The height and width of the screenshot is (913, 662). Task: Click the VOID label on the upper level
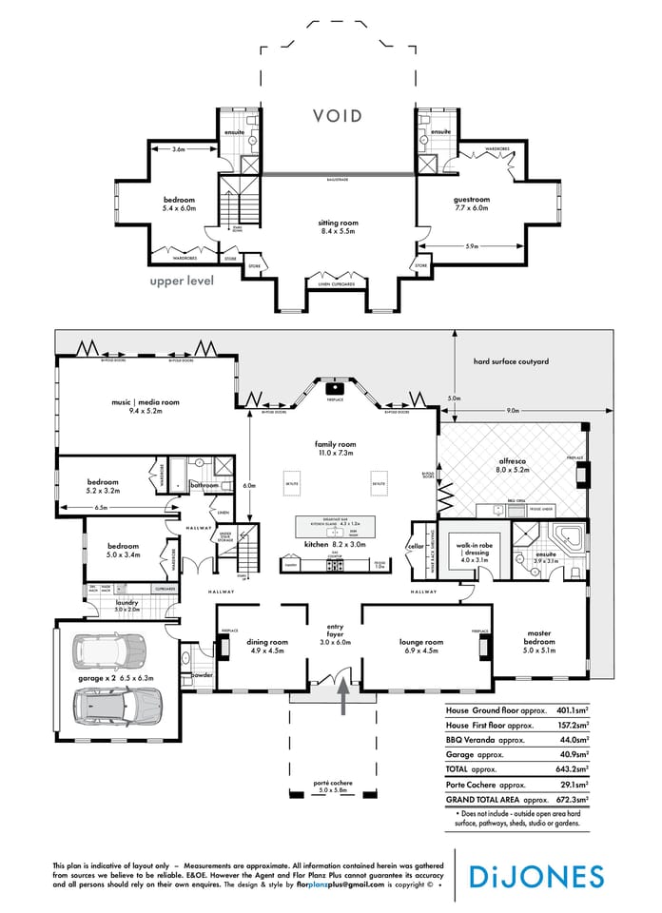(x=338, y=116)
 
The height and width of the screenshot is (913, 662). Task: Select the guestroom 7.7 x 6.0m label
(x=470, y=204)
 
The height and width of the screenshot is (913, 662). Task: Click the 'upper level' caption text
(x=182, y=281)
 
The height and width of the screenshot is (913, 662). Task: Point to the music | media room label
(x=145, y=406)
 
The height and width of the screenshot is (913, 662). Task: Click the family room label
(x=335, y=449)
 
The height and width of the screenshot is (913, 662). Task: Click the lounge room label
(x=420, y=647)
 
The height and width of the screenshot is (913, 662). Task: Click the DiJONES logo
(x=550, y=876)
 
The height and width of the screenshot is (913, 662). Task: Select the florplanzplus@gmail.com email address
(x=339, y=884)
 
